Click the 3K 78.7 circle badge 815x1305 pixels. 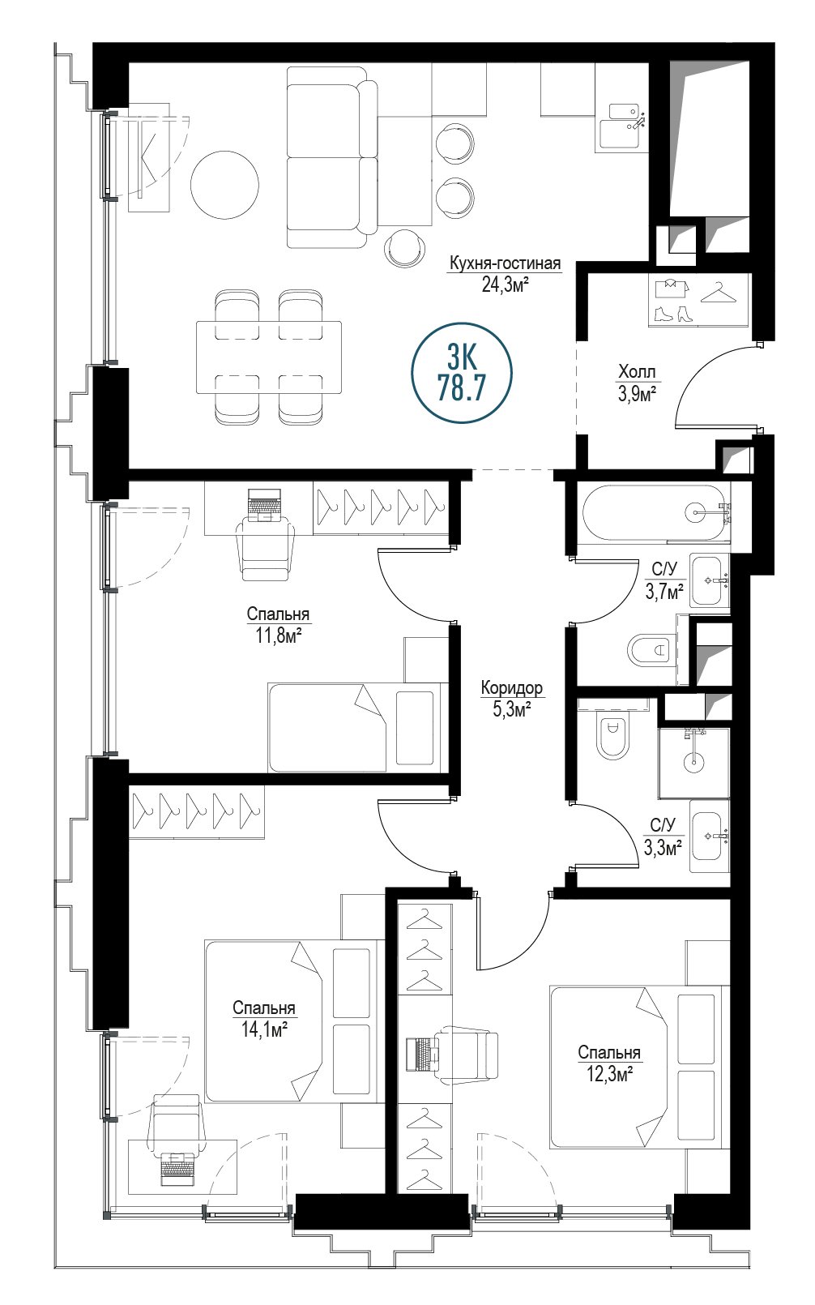coord(462,374)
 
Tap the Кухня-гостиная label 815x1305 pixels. coord(505,264)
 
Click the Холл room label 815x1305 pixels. coord(637,371)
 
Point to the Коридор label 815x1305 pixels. coord(512,688)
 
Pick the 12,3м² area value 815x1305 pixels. coord(609,1073)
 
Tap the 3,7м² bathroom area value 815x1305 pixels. coord(664,593)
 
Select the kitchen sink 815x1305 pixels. coord(621,127)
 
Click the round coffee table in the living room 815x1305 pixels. coord(224,184)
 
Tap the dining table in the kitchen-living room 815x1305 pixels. coord(269,357)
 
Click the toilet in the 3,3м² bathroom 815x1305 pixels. coord(612,738)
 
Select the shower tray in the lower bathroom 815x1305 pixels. coord(694,762)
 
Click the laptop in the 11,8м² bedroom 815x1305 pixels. coord(264,504)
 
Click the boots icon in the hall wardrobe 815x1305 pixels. coord(673,314)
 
